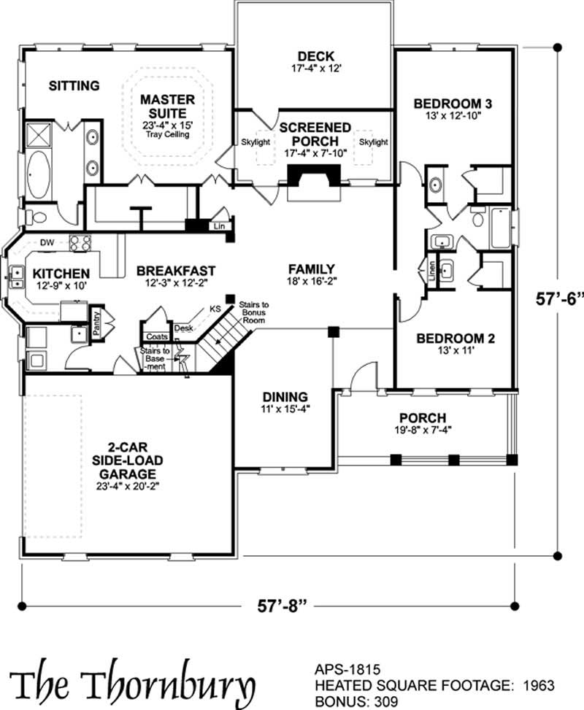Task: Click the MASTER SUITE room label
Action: pyautogui.click(x=167, y=107)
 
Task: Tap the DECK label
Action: pyautogui.click(x=316, y=56)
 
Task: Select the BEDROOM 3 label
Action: pyautogui.click(x=452, y=103)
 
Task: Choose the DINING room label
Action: pyautogui.click(x=285, y=397)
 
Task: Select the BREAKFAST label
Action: pyautogui.click(x=176, y=271)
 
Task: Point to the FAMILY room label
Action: pyautogui.click(x=311, y=268)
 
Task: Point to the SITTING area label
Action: pyautogui.click(x=74, y=86)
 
